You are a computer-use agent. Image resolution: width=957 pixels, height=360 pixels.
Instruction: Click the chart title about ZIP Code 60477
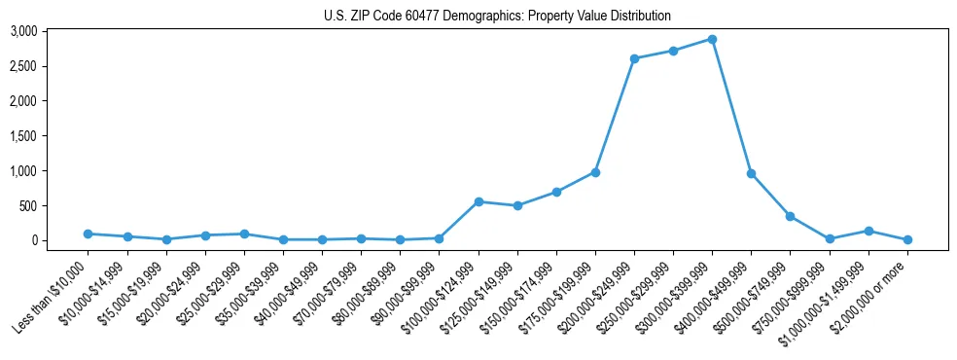click(497, 16)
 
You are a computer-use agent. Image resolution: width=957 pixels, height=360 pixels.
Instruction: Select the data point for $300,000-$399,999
click(712, 39)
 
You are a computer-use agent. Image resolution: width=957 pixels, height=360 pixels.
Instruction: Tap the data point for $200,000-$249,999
click(634, 58)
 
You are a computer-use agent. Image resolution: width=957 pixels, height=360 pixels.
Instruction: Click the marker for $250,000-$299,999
click(673, 51)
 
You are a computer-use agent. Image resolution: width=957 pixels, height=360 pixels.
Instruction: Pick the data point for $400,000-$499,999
click(751, 173)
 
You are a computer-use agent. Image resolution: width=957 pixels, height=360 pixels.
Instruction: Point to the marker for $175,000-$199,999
click(595, 172)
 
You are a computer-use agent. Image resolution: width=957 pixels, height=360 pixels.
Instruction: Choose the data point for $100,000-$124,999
click(478, 201)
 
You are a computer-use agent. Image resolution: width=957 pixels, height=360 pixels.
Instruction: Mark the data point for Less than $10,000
click(88, 234)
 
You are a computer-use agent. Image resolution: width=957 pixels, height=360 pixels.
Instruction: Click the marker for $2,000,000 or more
click(907, 239)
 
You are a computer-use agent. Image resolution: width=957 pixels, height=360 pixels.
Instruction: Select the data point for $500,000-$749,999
click(790, 216)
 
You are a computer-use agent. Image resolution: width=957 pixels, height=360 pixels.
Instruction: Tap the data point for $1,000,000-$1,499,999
click(868, 231)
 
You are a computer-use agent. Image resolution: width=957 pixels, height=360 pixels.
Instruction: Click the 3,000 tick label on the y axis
click(51, 31)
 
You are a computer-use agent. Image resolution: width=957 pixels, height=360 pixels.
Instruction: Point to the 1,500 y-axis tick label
click(51, 136)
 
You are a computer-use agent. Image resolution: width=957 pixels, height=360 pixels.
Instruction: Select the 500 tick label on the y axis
click(55, 205)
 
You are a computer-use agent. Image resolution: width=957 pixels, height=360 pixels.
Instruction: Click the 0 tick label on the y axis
click(61, 240)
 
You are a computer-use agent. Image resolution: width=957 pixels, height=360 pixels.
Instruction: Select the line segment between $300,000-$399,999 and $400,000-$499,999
click(731, 106)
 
